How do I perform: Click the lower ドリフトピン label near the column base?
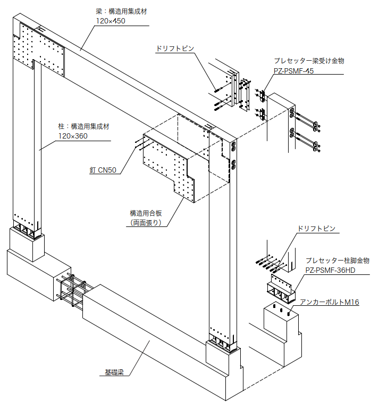(x=317, y=229)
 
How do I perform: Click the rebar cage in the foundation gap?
(x=72, y=295)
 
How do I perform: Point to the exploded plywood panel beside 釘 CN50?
(x=170, y=165)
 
